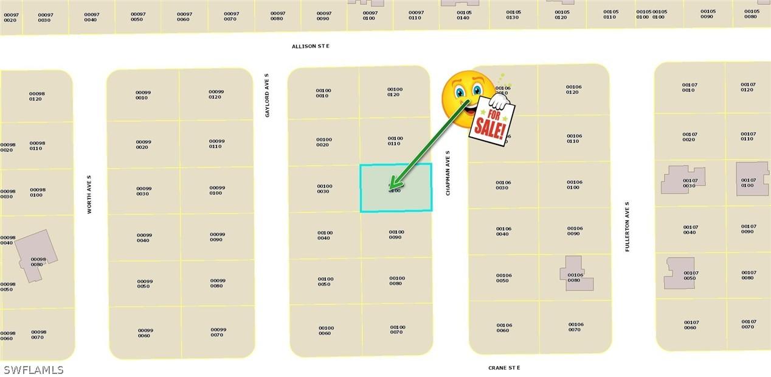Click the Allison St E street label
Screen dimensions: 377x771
(310, 46)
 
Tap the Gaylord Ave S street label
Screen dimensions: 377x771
(267, 96)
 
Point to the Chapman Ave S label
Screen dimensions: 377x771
(448, 174)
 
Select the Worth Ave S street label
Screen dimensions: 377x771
(89, 194)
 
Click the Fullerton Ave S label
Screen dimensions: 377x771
(627, 227)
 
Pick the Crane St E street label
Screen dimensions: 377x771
(504, 368)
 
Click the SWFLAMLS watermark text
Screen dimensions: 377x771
(33, 370)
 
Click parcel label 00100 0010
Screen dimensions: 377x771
(323, 93)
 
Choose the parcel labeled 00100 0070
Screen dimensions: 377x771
(397, 329)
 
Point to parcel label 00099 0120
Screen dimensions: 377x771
(216, 94)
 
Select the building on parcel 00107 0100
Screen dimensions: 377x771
(752, 178)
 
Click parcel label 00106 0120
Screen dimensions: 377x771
(573, 90)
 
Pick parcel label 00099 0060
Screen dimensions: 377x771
(145, 333)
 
